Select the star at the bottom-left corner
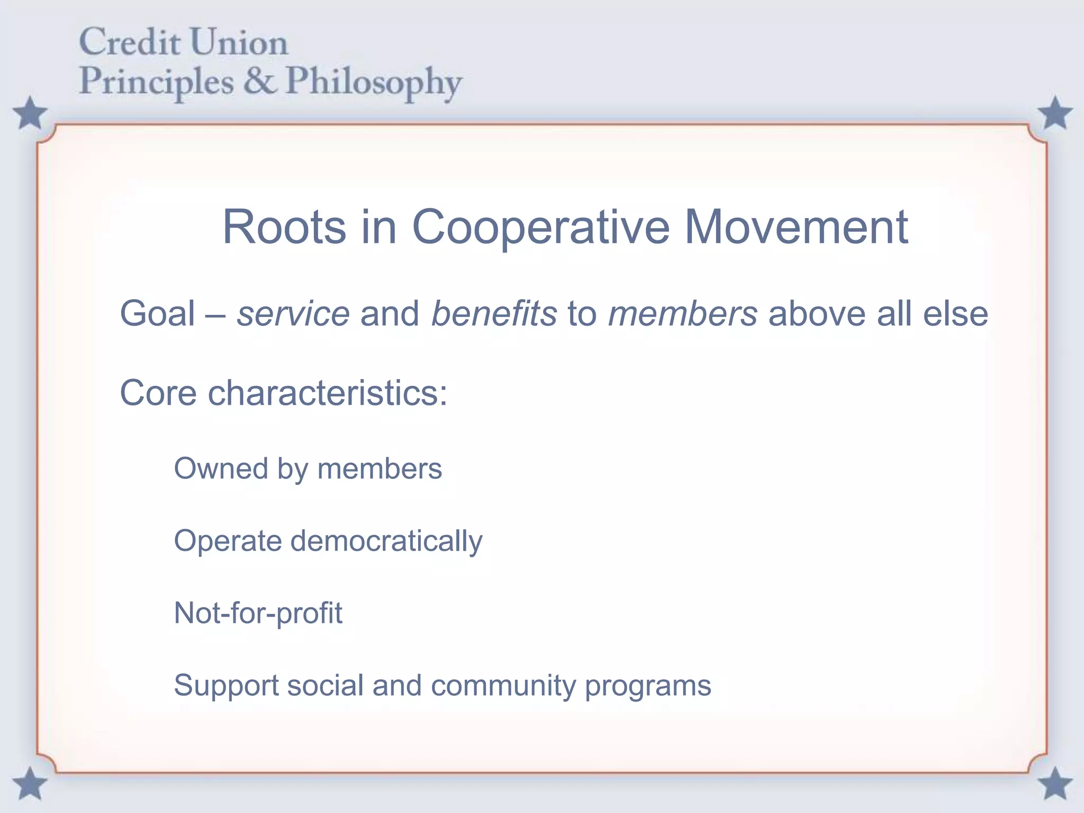coord(30,783)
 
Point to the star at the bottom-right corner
coord(1054,783)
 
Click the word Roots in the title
coord(284,227)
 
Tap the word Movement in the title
coord(796,227)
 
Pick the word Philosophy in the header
coord(374,84)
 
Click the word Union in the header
coord(239,42)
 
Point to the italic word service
coord(293,314)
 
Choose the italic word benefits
coord(494,313)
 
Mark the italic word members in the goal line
coord(683,313)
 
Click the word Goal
coord(158,313)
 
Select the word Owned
coord(221,468)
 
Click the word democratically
coord(386,541)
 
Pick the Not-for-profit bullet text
coord(258,613)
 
